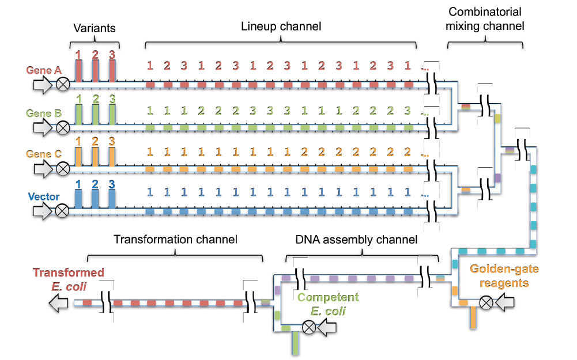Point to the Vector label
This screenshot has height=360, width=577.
44,197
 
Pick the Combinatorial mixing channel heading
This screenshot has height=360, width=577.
485,18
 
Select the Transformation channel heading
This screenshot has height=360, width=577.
175,238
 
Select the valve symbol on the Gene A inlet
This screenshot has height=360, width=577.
62,85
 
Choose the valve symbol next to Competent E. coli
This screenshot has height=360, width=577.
310,328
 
